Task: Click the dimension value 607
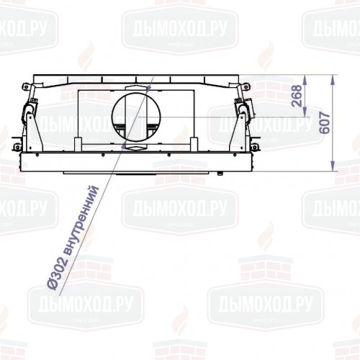(326, 124)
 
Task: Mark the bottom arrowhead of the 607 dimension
(334, 170)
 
